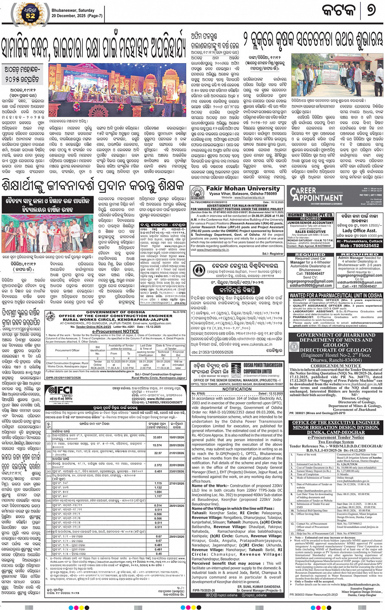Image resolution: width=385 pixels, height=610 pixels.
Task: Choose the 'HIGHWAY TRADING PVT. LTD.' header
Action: coord(310,215)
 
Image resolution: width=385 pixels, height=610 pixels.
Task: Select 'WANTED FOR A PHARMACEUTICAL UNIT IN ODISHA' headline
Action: coord(336,295)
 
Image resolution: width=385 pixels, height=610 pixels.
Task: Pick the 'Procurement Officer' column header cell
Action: coord(67,350)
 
